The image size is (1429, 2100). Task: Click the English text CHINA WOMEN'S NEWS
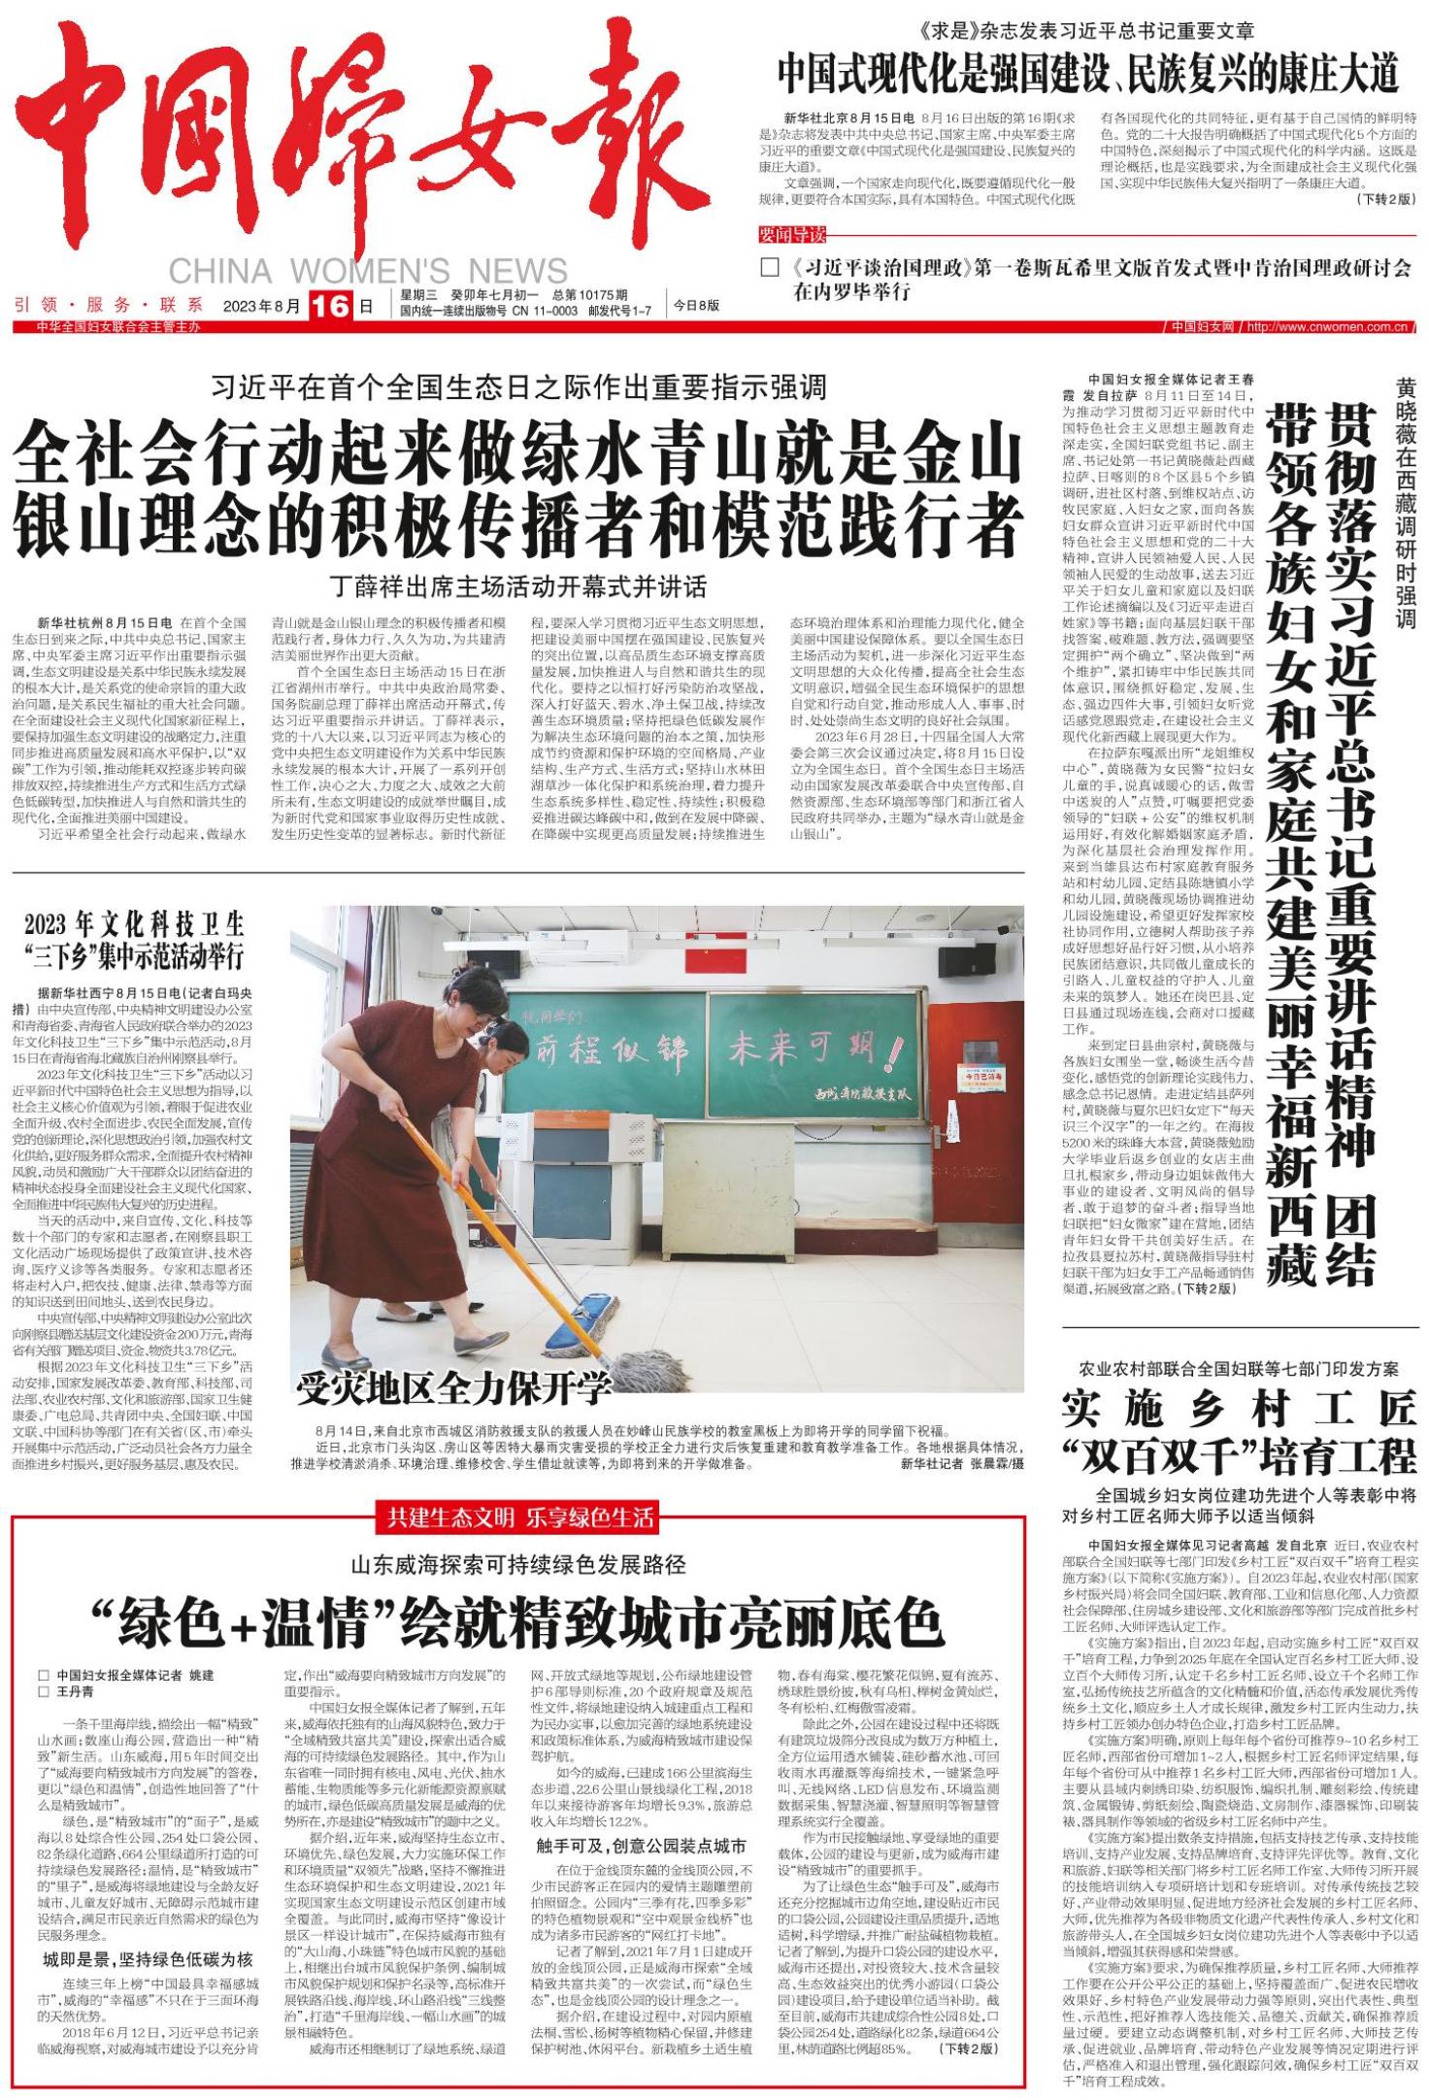(368, 271)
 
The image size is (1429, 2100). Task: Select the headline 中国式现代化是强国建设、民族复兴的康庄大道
(1087, 73)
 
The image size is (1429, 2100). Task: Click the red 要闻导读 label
(792, 236)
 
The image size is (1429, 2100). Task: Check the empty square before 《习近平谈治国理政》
(769, 268)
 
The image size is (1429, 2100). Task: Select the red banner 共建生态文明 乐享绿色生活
(520, 1516)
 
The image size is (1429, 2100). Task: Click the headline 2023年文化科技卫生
(135, 923)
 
